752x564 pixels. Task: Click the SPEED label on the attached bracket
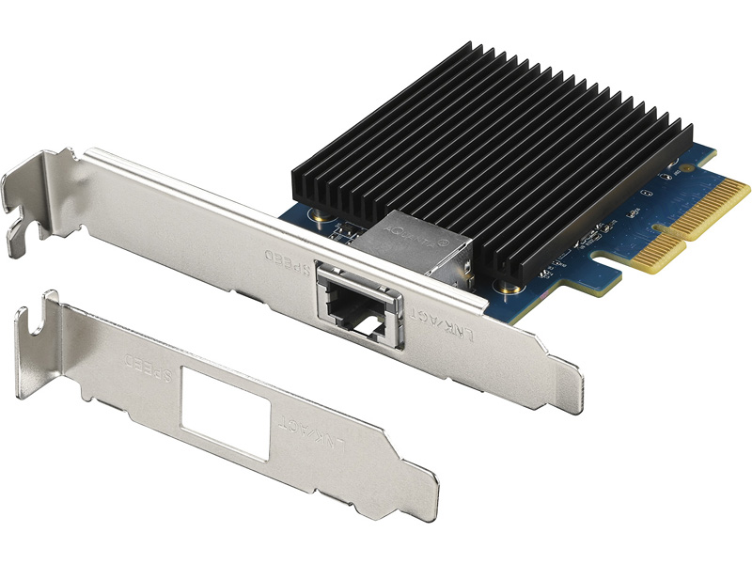pyautogui.click(x=283, y=259)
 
